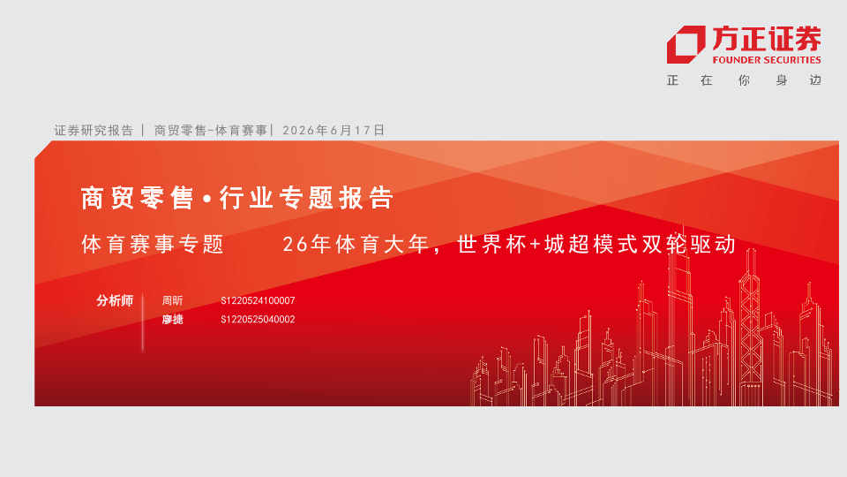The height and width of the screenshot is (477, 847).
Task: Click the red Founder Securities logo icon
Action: tap(686, 44)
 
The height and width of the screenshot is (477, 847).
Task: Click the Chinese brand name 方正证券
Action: tap(767, 39)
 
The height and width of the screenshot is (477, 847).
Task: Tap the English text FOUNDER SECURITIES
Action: tap(767, 60)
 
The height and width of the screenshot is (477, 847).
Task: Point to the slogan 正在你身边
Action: tap(744, 80)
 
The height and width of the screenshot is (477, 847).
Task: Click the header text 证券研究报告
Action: tap(94, 131)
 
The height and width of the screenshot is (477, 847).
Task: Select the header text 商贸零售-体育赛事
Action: tap(211, 131)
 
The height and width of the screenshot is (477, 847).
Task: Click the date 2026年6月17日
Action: tap(334, 131)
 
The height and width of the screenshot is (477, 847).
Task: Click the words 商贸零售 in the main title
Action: tap(138, 198)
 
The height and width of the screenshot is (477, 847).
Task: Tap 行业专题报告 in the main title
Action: tap(306, 198)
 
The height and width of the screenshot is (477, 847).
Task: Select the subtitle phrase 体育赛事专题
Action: tap(153, 245)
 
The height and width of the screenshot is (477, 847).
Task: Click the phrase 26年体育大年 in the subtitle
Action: tap(356, 245)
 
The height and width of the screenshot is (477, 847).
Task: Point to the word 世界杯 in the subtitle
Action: tap(491, 245)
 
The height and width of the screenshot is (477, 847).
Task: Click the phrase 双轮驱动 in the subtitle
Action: tap(689, 245)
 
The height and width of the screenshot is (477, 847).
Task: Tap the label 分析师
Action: tap(115, 300)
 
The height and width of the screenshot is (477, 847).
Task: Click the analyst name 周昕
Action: tap(172, 300)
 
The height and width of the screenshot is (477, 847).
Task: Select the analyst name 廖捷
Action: tap(172, 320)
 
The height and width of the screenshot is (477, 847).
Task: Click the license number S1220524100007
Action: tap(258, 300)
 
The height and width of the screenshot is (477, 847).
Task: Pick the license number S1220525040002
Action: tap(258, 320)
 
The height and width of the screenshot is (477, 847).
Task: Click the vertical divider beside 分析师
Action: tap(143, 322)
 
